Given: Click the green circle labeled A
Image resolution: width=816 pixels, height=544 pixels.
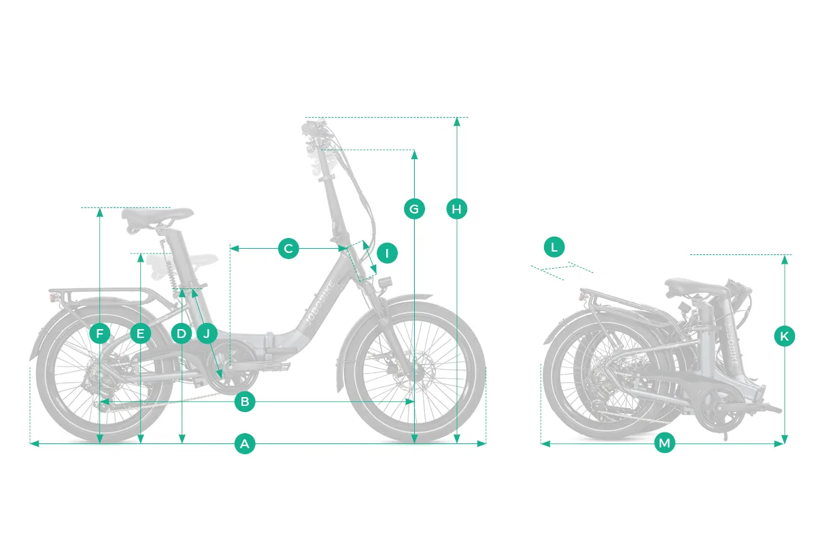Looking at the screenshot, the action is click(245, 443).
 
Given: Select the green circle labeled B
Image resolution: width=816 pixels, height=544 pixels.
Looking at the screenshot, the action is click(245, 401).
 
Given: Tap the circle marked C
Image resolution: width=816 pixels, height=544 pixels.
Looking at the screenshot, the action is click(288, 248).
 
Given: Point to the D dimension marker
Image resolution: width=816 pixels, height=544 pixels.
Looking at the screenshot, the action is click(181, 333).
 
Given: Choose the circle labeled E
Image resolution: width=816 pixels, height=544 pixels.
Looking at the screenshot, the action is click(140, 333).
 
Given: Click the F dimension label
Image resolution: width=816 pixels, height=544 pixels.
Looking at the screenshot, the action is click(99, 333).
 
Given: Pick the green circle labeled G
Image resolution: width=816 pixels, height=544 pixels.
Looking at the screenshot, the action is click(414, 209).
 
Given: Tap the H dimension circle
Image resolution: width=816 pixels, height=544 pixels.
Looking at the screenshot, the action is click(456, 209).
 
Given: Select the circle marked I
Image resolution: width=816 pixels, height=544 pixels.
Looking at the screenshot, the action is click(387, 252).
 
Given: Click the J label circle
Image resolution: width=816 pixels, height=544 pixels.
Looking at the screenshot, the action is click(207, 333).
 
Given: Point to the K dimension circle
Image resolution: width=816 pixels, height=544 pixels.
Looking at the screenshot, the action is click(784, 336).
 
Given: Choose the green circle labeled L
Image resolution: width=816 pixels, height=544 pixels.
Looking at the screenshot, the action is click(554, 247).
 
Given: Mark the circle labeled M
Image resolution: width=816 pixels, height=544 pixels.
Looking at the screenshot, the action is click(664, 443).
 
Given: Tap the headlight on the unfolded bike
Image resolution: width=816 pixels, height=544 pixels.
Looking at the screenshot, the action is click(385, 283).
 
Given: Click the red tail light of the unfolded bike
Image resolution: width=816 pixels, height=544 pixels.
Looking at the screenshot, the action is click(53, 298).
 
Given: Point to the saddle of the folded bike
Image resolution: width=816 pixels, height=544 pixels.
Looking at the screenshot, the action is click(695, 286).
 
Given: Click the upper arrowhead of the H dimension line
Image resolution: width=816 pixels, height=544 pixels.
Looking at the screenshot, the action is click(457, 122).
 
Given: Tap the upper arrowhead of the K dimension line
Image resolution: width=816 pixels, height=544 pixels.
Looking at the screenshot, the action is click(785, 260).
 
